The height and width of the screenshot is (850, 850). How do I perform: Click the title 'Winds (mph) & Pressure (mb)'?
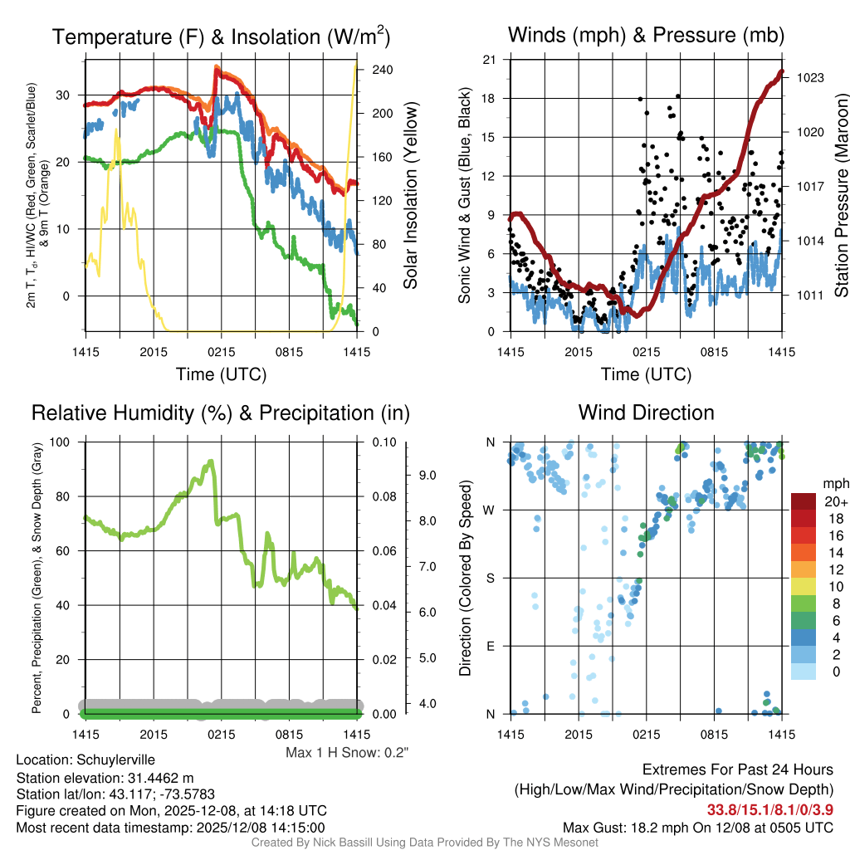(x=646, y=35)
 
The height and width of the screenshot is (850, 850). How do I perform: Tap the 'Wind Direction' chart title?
(x=646, y=413)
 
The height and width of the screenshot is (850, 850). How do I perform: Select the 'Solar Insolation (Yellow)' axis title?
(x=411, y=196)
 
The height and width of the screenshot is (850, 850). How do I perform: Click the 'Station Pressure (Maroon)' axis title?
(x=840, y=196)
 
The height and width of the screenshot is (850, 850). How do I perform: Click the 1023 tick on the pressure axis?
(x=810, y=78)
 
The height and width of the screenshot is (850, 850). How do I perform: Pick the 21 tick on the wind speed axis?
(x=489, y=59)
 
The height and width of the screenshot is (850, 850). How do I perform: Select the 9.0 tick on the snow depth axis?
(x=427, y=476)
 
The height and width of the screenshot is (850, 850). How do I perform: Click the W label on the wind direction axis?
(x=491, y=510)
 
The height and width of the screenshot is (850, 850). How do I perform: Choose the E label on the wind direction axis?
(x=491, y=646)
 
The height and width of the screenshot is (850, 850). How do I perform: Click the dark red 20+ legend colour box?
(x=804, y=501)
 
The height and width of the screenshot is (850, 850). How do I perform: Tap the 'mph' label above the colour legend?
(x=833, y=484)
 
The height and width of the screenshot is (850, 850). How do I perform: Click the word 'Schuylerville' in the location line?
(x=115, y=760)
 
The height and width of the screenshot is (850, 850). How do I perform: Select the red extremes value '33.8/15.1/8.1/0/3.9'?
(x=770, y=809)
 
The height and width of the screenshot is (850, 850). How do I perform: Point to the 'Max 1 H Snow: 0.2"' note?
(x=347, y=753)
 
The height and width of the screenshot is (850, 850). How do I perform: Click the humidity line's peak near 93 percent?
(x=211, y=462)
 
